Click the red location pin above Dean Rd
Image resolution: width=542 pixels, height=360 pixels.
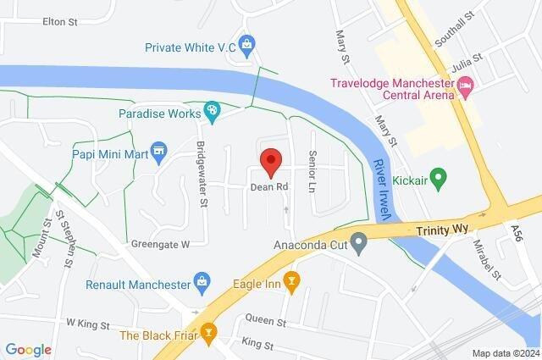[x=270, y=161]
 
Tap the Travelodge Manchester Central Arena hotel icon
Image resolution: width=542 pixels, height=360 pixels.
[x=464, y=86]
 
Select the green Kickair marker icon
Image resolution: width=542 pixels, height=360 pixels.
[x=438, y=179]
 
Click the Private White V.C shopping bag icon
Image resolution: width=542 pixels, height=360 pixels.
[x=246, y=42]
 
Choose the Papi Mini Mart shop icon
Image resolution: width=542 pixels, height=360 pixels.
[x=158, y=152]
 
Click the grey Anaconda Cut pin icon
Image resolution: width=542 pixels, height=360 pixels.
[x=359, y=246]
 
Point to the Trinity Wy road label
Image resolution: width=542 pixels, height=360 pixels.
[x=442, y=230]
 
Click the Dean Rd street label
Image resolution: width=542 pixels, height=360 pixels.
[x=270, y=186]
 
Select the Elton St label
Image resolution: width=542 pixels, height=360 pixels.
[x=59, y=24]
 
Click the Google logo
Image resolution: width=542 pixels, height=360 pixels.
[x=28, y=349]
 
